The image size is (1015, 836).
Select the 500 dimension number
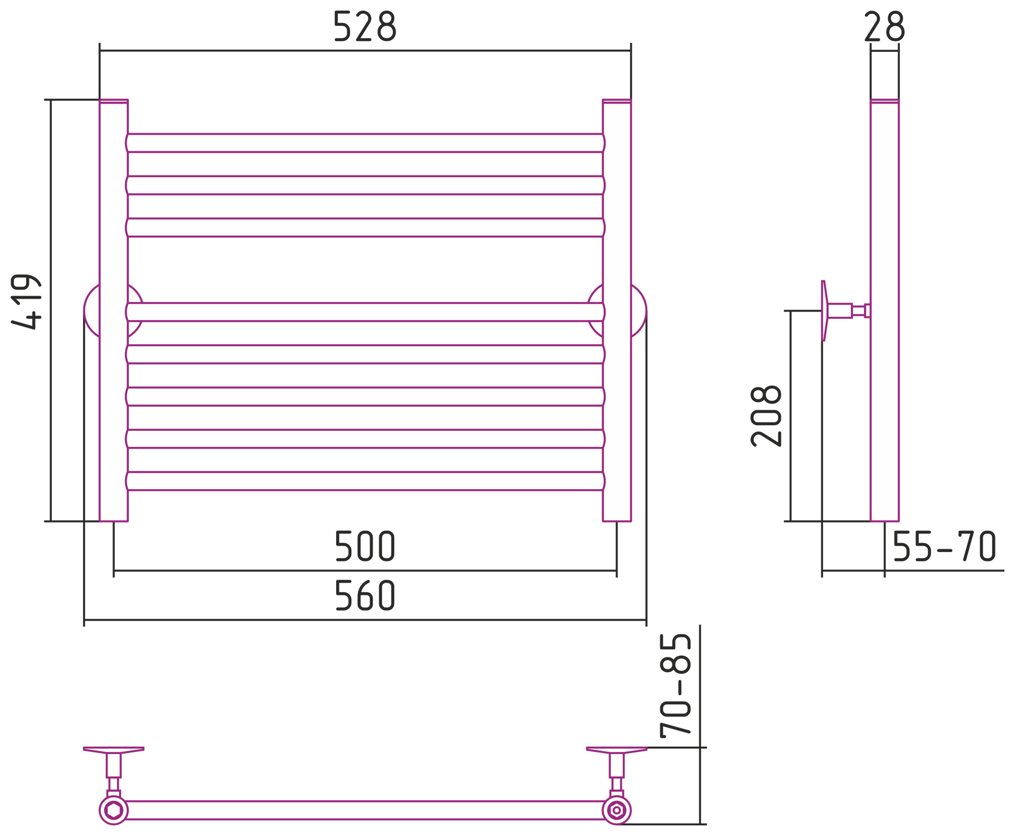point(365,546)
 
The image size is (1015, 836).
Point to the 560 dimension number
point(365,595)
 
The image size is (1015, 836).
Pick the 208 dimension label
point(766,416)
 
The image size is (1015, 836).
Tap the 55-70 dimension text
point(944,546)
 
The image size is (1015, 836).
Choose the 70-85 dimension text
point(676,685)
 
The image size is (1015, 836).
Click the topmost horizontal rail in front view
point(365,143)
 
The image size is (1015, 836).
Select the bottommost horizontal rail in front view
point(365,481)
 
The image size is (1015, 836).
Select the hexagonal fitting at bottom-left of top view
point(114,810)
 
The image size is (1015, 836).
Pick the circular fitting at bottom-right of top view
point(616,810)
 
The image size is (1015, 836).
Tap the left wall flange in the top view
point(114,749)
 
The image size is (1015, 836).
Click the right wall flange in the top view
point(616,749)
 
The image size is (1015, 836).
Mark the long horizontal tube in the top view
point(365,810)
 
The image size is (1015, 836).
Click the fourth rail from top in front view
point(365,312)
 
